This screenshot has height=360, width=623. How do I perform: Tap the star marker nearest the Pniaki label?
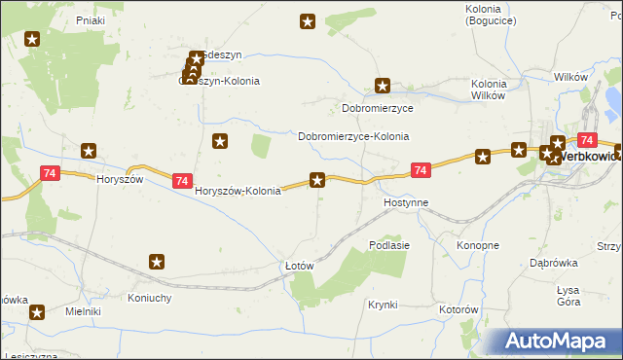[x=32, y=40]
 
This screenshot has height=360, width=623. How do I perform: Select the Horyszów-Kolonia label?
[x=238, y=191]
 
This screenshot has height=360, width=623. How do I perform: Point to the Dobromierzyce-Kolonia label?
[x=353, y=137]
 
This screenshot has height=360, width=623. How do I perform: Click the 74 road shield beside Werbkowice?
[x=586, y=140]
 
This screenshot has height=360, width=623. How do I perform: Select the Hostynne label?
[x=406, y=203]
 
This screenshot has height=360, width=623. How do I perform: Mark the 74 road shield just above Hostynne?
[x=420, y=170]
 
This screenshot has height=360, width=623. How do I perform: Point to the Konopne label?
[x=478, y=245]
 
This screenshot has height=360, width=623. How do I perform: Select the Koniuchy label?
[x=150, y=298]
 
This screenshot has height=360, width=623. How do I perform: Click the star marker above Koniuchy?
[x=157, y=261]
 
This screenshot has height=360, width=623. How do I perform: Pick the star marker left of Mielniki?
[x=37, y=312]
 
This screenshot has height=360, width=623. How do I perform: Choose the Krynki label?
[x=383, y=305]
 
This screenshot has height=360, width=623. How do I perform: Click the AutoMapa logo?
[x=562, y=341]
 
